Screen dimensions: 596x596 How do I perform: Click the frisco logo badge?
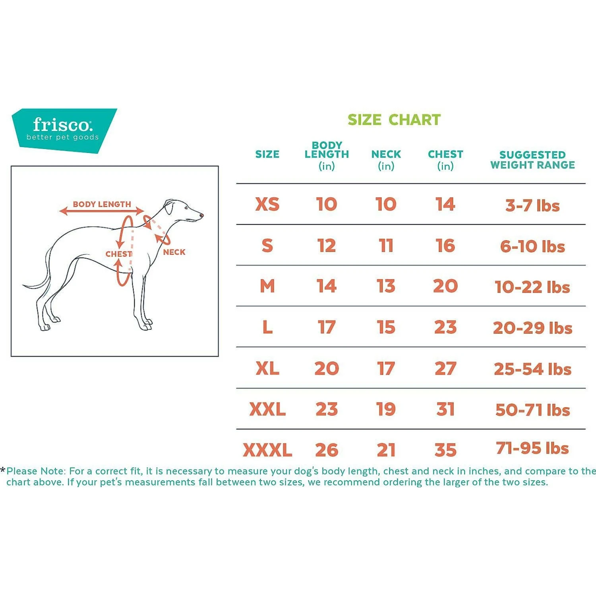pos(64,130)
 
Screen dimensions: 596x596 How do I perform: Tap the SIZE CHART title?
pos(394,120)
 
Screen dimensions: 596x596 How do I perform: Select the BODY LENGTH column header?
pos(327,155)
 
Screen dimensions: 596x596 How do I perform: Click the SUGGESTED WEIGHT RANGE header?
pos(532,160)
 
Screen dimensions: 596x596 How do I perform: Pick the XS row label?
pos(267,204)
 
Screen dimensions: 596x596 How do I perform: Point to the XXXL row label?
pos(267,450)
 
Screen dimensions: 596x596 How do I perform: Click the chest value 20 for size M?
pos(445,286)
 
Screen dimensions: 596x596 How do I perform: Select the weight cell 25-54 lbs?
pos(532,369)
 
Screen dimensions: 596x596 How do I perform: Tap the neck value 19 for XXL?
pos(386,409)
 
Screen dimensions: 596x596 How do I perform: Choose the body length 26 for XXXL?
pos(327,450)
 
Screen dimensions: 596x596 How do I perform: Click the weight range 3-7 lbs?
pos(532,205)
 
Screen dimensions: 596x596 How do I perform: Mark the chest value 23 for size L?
pos(445,327)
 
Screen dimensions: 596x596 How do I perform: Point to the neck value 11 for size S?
pos(386,246)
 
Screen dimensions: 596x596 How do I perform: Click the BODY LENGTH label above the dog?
pos(102,204)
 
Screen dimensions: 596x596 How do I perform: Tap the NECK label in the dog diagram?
pos(174,252)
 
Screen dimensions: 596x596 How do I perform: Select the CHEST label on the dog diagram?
pos(118,254)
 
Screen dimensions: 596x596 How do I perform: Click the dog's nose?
pos(202,215)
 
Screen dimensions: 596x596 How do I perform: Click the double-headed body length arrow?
pos(102,211)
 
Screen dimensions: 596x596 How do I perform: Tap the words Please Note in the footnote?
pos(35,471)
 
